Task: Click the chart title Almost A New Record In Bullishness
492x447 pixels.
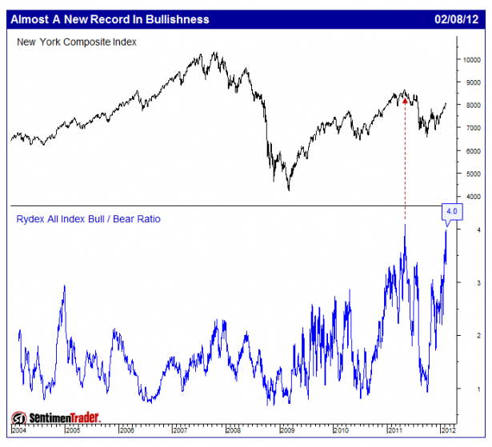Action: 110,18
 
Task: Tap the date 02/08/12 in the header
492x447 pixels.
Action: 456,18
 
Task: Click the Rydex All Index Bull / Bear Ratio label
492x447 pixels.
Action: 88,218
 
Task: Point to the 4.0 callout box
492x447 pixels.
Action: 450,212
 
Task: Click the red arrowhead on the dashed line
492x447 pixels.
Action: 405,101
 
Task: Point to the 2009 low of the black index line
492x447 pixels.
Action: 288,190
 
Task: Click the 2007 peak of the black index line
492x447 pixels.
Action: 214,53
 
